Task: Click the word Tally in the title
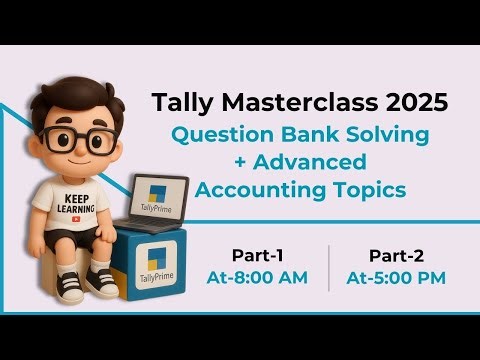point(179,102)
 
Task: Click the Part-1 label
point(255,255)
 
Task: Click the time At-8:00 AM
point(256,278)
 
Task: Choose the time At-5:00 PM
point(395,278)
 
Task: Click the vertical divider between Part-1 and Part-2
point(328,266)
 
